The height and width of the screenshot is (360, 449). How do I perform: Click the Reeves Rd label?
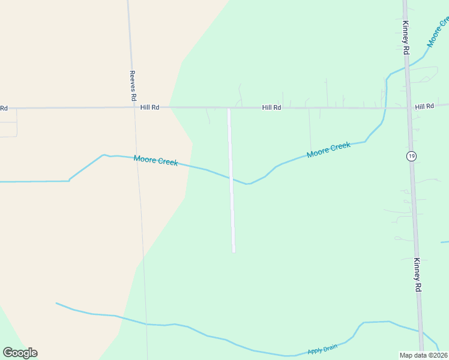click(133, 86)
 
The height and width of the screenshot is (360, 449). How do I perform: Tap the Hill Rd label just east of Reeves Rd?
click(149, 107)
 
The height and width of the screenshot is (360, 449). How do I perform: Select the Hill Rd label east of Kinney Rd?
click(424, 106)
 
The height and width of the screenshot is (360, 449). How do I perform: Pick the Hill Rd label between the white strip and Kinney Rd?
click(271, 108)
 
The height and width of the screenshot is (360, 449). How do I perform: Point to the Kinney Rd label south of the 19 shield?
click(417, 275)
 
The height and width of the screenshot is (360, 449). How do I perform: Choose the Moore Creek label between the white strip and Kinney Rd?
click(328, 150)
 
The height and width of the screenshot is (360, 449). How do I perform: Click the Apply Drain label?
click(322, 348)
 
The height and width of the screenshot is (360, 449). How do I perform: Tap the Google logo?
click(20, 353)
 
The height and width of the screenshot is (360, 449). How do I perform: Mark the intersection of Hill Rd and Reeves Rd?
click(133, 108)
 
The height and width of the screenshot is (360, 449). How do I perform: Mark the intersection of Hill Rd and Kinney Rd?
click(408, 108)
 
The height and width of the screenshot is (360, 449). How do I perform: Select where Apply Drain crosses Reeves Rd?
click(146, 324)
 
